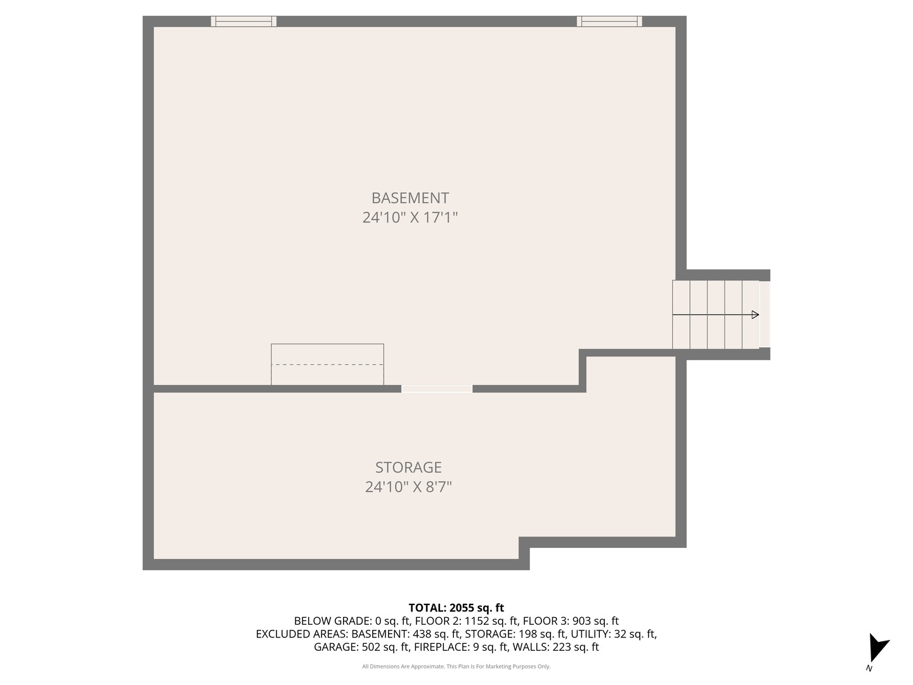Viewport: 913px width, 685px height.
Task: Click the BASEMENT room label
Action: coord(410,198)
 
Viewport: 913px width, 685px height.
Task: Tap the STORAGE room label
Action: coord(408,467)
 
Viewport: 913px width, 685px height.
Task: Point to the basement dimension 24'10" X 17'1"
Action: coord(410,218)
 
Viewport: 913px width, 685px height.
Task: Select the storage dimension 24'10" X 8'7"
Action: coord(408,487)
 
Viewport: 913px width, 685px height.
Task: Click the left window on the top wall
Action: coord(243,22)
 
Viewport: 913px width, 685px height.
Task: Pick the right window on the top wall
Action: coord(609,22)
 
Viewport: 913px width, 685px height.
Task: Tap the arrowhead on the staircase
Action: coord(754,315)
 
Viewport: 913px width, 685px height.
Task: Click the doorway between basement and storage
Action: coord(437,389)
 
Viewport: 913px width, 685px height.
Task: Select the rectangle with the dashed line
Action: coord(327,364)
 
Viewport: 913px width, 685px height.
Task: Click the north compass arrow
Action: coord(877,647)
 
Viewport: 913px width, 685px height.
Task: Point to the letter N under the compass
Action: coord(869,668)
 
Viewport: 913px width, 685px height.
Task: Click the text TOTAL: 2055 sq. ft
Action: coord(456,608)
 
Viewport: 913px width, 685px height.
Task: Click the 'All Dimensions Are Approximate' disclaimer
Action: coord(456,667)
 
